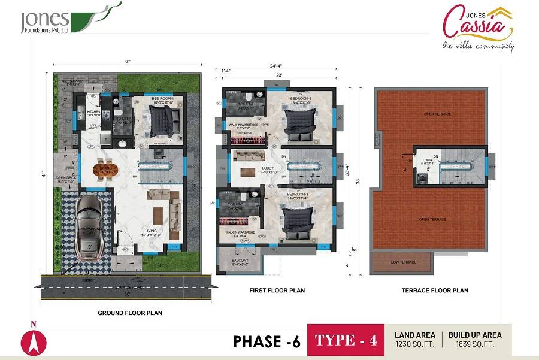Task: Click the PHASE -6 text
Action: coord(267,341)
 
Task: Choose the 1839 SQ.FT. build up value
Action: coord(475,345)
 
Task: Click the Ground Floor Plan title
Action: coord(130,313)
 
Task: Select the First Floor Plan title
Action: coord(277,291)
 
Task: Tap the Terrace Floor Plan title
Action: coord(435,291)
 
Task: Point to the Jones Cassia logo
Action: coord(478,27)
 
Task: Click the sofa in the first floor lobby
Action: coord(246,156)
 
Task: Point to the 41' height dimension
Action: coord(43,174)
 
